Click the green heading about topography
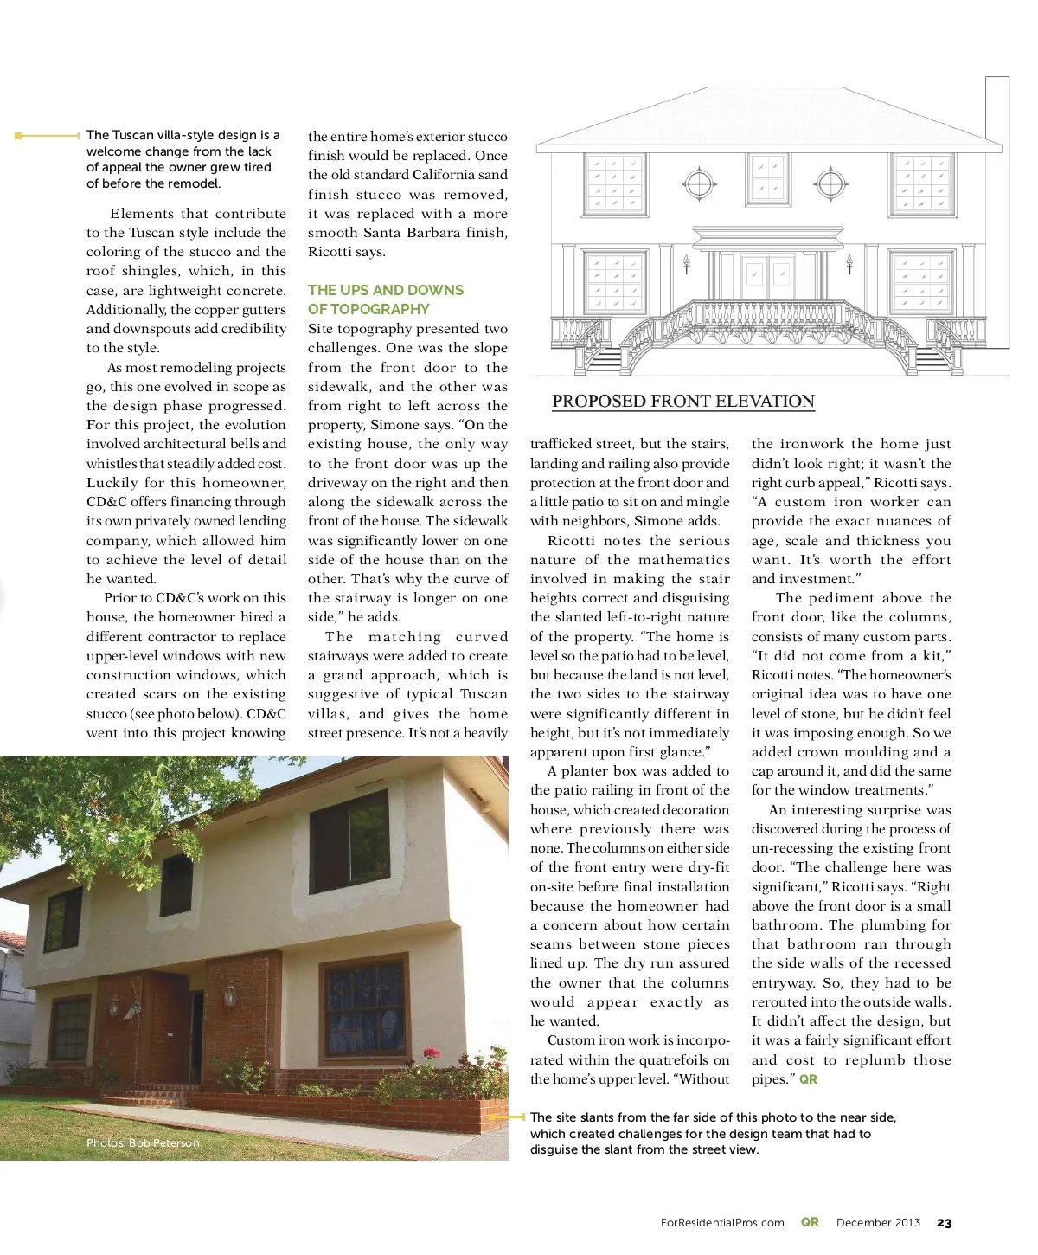click(385, 299)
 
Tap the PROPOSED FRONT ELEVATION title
click(683, 402)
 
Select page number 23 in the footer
click(944, 1223)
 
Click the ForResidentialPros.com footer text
click(722, 1223)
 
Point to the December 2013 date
click(878, 1223)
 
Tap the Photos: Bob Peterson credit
click(143, 1143)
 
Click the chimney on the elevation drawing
click(997, 108)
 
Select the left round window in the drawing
click(698, 183)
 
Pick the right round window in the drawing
click(830, 183)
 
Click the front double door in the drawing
click(767, 277)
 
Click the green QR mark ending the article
click(808, 1079)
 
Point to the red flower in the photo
click(430, 1054)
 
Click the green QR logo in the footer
click(810, 1222)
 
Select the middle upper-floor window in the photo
click(176, 885)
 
